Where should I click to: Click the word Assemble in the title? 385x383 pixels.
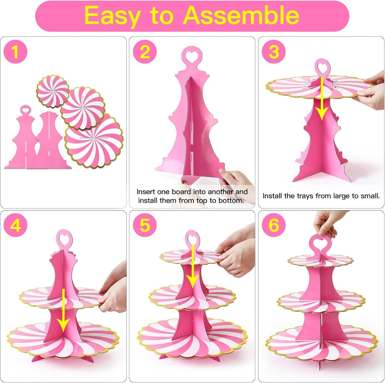coord(241,15)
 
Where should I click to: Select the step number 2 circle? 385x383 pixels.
coord(145,52)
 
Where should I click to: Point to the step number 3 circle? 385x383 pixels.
coord(274,52)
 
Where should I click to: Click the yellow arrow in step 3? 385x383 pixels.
coord(322,99)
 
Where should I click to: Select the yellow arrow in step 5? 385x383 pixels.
coord(192,267)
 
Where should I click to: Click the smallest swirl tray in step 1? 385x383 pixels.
coord(53,91)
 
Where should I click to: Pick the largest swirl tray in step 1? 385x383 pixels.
coord(94,141)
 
